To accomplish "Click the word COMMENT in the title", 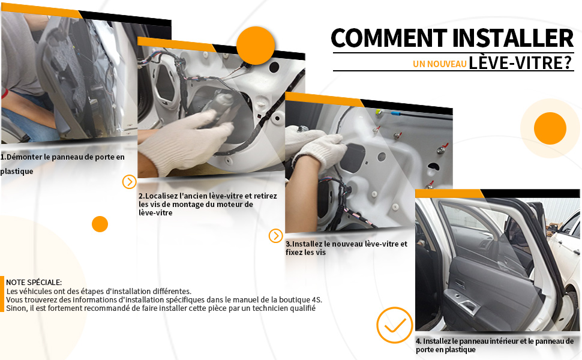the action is click(389, 38).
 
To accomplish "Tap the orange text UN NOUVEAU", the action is click(440, 64).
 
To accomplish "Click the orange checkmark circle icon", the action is click(395, 325).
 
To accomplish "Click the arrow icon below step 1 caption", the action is click(129, 182).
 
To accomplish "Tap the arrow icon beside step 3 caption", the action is click(276, 236).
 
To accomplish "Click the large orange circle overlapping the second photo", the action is click(256, 46).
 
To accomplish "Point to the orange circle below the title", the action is click(550, 128).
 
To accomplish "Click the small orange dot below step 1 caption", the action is click(100, 224).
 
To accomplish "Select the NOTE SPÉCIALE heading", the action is click(34, 283).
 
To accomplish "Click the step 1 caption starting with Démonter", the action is click(62, 164).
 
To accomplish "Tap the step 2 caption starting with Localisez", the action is click(208, 204).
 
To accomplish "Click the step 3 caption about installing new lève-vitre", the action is click(346, 248).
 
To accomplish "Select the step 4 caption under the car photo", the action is click(495, 345).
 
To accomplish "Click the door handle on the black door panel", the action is click(467, 306).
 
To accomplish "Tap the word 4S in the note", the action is click(317, 299).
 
